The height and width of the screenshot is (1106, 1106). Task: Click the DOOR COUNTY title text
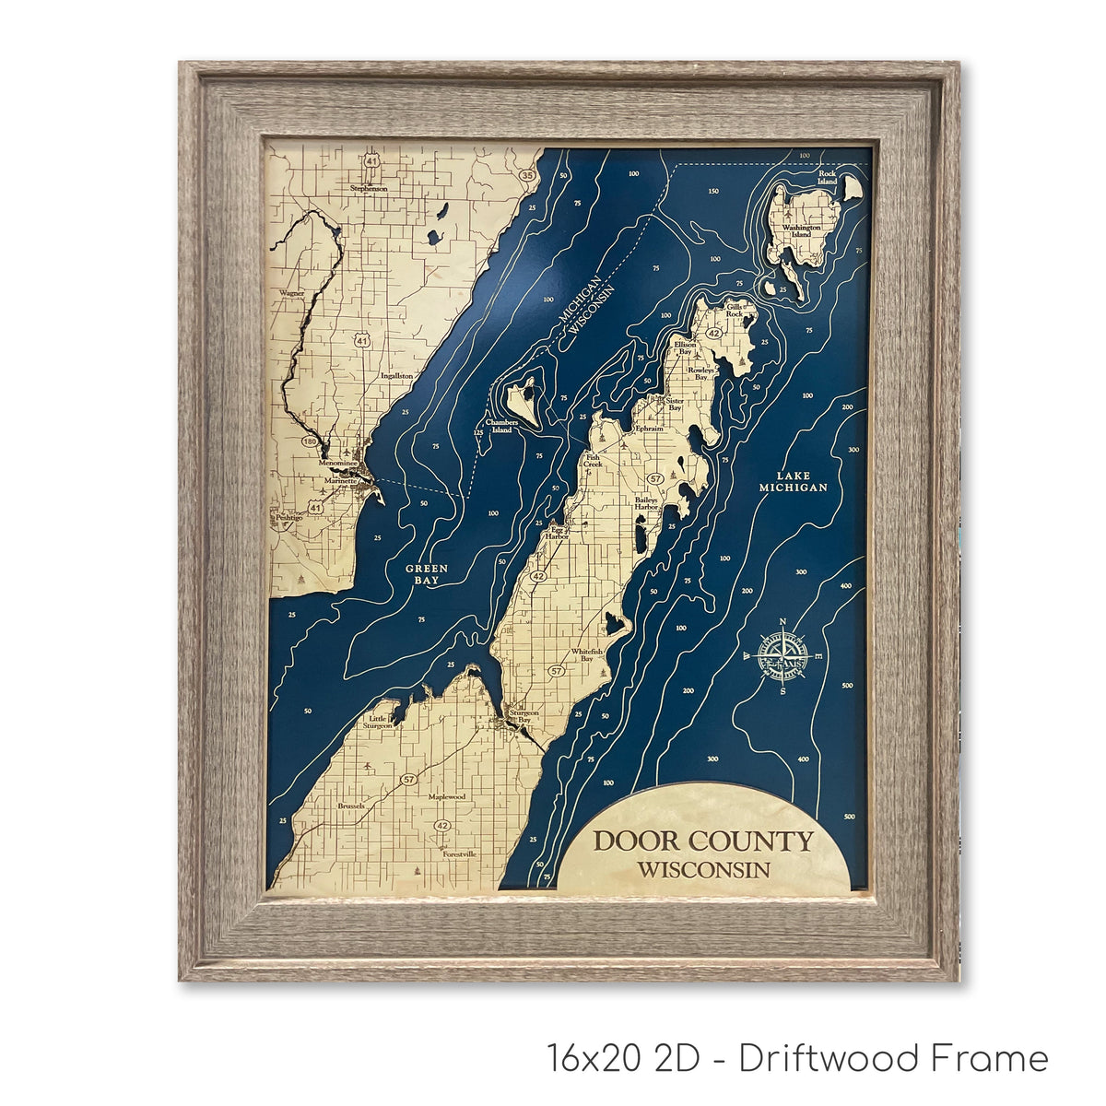pos(703,841)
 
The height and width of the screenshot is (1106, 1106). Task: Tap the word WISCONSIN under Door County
pos(703,869)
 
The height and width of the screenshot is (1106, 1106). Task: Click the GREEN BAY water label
pos(427,574)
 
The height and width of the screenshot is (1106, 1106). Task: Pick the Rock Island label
pos(827,177)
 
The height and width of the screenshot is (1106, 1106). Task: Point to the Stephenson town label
pos(369,188)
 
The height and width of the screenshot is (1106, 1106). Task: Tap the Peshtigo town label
pos(289,518)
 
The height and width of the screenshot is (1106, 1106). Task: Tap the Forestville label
pos(460,854)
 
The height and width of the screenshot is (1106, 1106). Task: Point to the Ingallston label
pos(396,376)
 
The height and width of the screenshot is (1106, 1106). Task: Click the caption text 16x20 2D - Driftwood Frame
pos(797,1058)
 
